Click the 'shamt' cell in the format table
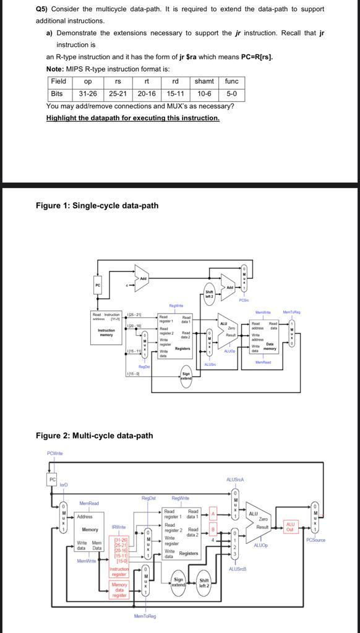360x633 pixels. tap(204, 82)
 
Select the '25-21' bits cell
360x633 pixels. tap(118, 94)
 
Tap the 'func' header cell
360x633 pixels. tap(231, 82)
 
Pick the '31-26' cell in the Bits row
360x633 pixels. tap(88, 94)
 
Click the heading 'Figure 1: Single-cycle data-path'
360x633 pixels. tap(97, 205)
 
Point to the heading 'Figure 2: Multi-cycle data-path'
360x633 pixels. tap(94, 435)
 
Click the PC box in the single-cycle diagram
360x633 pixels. tap(97, 285)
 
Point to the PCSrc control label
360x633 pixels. tap(244, 300)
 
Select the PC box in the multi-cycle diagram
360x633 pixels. tap(53, 480)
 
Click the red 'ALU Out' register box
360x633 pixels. tap(290, 525)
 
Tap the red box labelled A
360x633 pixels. tap(212, 514)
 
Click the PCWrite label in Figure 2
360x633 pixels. tap(55, 454)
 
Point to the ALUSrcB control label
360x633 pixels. tap(237, 569)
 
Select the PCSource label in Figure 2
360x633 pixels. tap(315, 540)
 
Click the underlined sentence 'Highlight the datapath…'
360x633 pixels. tap(132, 118)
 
